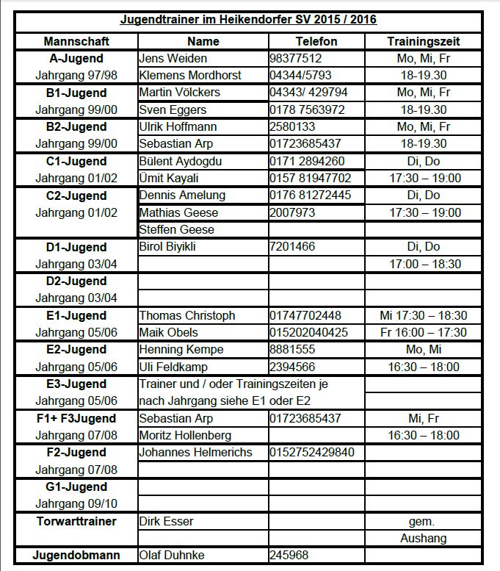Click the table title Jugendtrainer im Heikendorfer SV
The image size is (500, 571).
point(248,21)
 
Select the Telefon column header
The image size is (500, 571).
point(316,41)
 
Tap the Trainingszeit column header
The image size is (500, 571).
point(424,41)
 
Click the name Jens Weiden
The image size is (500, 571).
point(173,58)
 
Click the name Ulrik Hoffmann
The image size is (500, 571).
point(178,126)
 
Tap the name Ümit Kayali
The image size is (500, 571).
point(170,178)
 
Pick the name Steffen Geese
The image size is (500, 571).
point(177,229)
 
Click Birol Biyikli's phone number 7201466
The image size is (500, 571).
point(293,246)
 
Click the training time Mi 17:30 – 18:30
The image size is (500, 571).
point(424,315)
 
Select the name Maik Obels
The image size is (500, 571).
point(169,332)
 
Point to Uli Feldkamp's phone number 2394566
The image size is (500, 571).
point(293,367)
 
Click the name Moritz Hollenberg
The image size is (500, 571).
point(185,435)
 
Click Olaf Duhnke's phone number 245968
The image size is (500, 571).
point(289,556)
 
